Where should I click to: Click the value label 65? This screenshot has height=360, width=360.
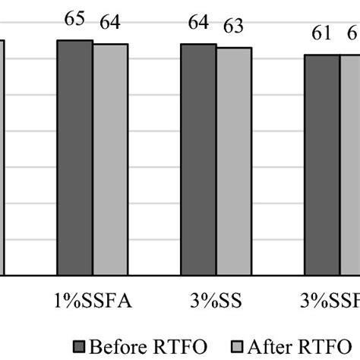point(74,21)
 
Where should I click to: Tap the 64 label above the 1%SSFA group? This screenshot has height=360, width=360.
point(110,23)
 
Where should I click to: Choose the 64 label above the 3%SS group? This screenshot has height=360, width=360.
point(198,23)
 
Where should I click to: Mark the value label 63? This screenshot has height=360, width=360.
point(233,28)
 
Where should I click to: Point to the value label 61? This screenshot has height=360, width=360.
point(322,34)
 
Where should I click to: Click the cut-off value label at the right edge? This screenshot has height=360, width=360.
point(353,34)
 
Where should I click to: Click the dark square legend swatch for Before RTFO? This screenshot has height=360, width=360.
point(80,346)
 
